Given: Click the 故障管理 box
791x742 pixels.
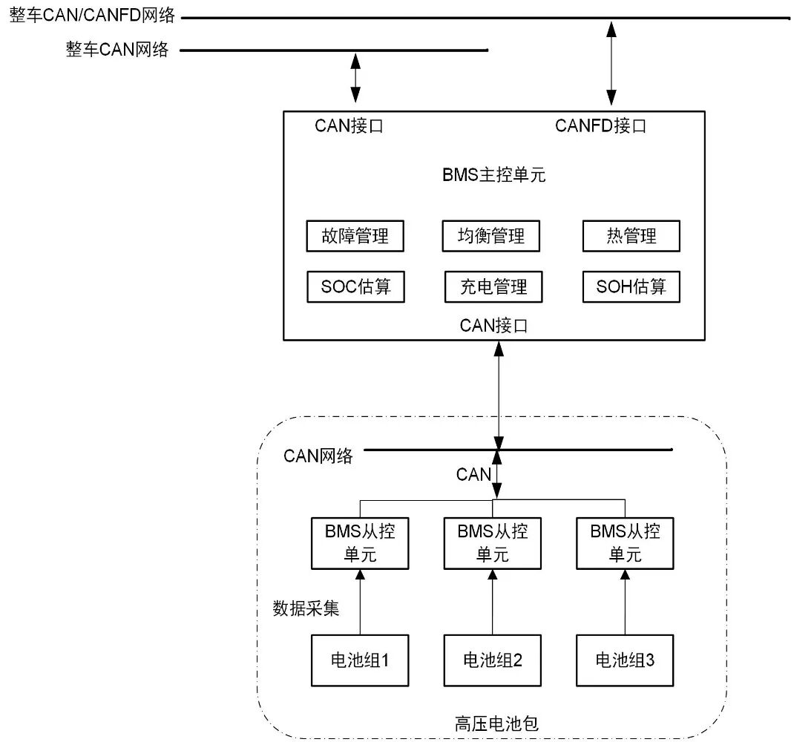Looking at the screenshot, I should click(355, 237).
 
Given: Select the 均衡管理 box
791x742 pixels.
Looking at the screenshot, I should click(490, 237).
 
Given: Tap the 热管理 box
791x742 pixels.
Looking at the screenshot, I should click(630, 237).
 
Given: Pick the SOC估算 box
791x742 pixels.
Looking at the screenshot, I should click(355, 286).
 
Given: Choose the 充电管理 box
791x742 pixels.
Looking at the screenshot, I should click(493, 286).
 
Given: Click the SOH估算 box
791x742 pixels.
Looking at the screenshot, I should click(631, 286).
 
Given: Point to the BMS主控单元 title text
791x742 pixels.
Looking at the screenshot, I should click(493, 176).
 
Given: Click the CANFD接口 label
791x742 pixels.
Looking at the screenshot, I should click(600, 126).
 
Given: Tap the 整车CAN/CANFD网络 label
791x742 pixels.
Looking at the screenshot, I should click(92, 16).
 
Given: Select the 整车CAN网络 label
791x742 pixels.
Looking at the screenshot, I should click(117, 50).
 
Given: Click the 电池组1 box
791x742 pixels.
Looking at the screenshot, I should click(360, 660).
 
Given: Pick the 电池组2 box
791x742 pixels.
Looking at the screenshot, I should click(493, 660).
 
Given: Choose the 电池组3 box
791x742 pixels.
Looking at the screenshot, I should click(626, 660).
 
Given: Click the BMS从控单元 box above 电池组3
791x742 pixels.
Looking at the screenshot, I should click(626, 543).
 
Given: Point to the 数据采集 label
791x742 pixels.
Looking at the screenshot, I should click(306, 608).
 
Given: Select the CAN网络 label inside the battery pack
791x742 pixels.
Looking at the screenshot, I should click(318, 456).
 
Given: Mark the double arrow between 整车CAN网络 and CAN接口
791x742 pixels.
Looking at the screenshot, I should click(355, 78).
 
